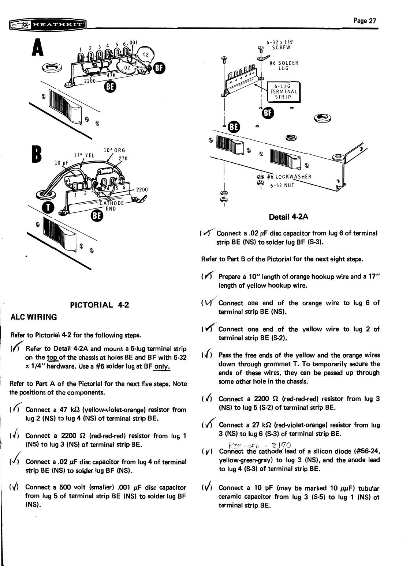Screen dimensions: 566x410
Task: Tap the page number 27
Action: point(365,21)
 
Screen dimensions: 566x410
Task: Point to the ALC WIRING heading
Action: point(33,317)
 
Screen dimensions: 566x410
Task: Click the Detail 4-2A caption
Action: point(288,217)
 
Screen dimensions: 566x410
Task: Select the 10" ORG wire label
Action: point(114,150)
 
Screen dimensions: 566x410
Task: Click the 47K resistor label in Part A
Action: point(111,75)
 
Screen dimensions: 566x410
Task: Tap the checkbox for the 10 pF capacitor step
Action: point(205,488)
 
